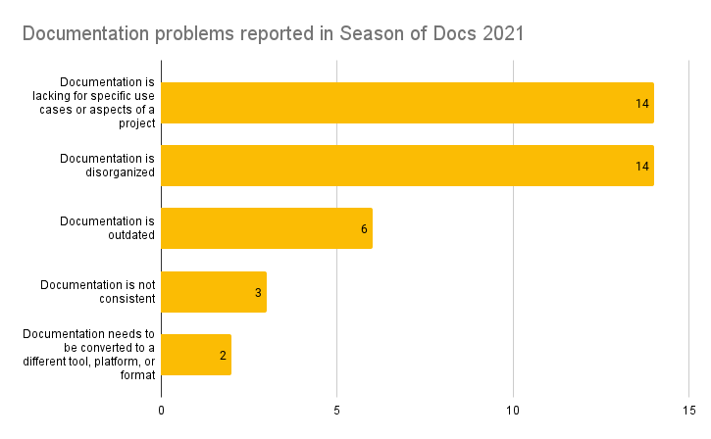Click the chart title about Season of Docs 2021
(x=273, y=34)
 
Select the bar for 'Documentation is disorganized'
(x=407, y=166)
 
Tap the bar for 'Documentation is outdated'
(x=267, y=228)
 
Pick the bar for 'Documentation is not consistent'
(x=214, y=291)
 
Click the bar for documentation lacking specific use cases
(x=407, y=103)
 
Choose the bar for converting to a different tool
(x=196, y=355)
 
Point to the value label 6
(x=364, y=229)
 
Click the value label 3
(x=258, y=292)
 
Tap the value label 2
(x=223, y=355)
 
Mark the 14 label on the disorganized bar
(x=642, y=167)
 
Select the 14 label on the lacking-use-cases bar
(x=642, y=104)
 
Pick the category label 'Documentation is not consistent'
(x=97, y=291)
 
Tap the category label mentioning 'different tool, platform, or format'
(x=89, y=355)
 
